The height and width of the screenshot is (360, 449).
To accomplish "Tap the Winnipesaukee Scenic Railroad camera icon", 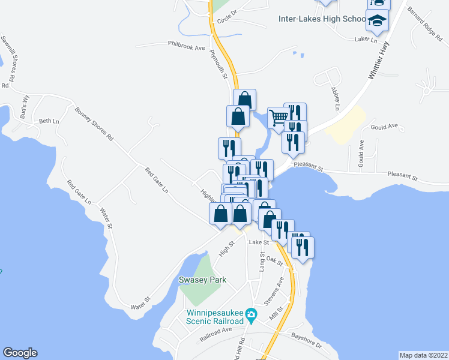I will point(252,314).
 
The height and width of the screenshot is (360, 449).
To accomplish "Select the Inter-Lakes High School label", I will point(322,19).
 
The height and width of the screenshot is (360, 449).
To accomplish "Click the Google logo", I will point(20,353).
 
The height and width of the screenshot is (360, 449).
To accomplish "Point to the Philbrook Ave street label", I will point(187,46).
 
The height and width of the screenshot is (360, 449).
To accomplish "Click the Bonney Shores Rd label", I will point(94,124).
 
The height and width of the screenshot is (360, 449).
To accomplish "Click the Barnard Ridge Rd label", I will point(424,22).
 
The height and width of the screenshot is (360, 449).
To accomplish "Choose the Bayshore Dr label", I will point(306,342).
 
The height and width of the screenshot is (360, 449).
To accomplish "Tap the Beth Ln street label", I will point(49,121).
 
